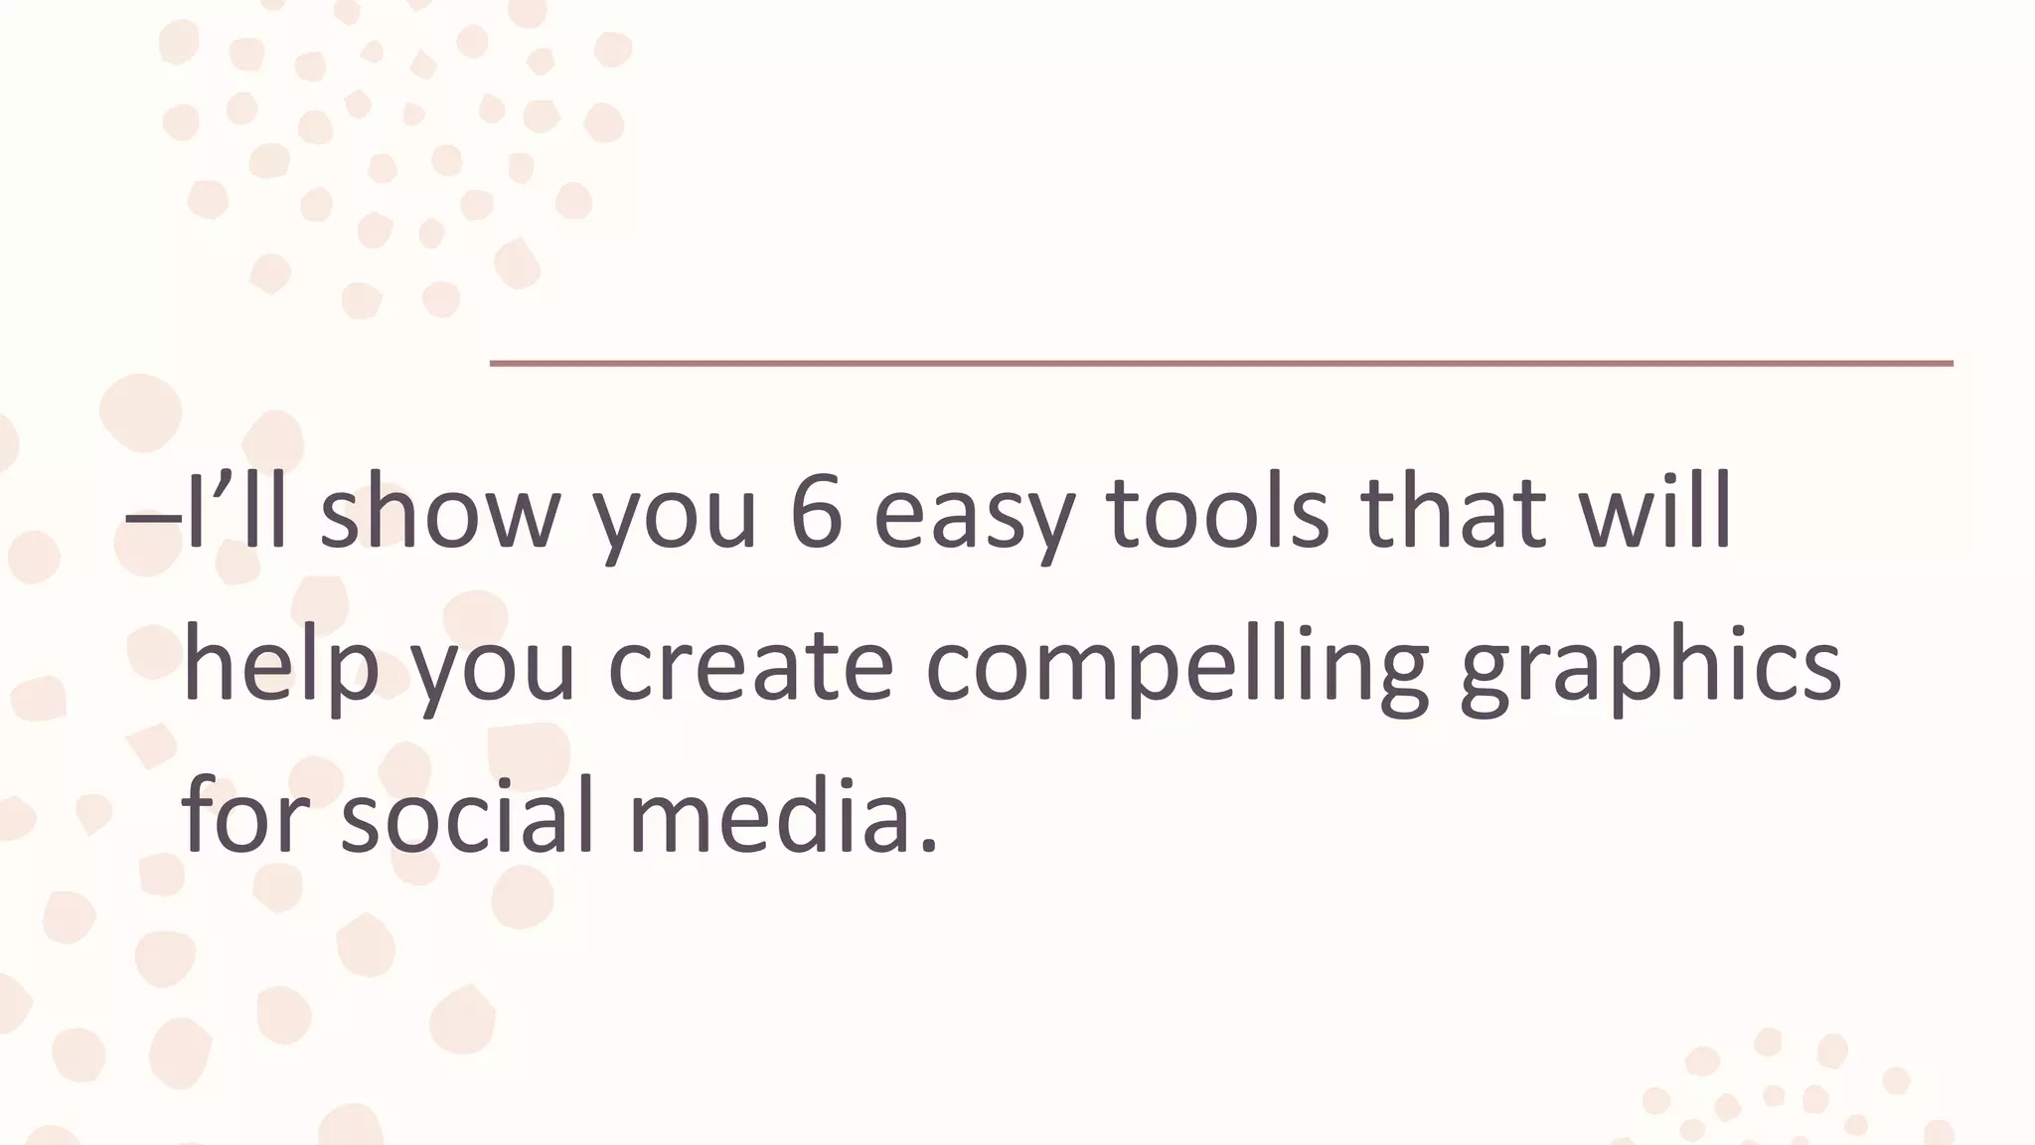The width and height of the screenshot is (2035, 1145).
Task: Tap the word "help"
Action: point(282,666)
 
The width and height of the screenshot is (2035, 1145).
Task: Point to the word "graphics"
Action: point(1649,666)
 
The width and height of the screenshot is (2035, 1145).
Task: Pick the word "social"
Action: point(467,817)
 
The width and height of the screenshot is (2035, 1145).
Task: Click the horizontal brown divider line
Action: point(1220,364)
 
